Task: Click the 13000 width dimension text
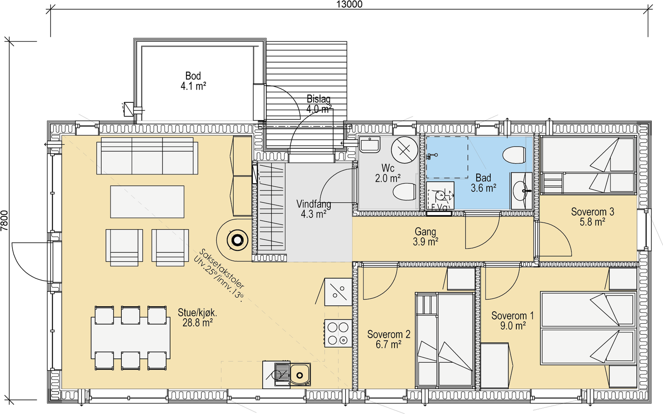tap(349, 4)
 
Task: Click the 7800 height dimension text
tap(5, 221)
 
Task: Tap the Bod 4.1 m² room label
tap(193, 81)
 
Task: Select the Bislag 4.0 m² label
tap(319, 104)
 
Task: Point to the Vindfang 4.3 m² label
tap(314, 209)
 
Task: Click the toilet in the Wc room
tap(404, 191)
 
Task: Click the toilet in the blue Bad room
tap(514, 155)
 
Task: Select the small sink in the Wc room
tap(370, 145)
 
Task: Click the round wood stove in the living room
tap(237, 241)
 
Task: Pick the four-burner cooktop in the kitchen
tap(338, 333)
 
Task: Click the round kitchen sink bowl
tap(300, 375)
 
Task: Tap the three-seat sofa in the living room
tap(147, 156)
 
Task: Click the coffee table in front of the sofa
tap(147, 202)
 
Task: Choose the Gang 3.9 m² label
tap(425, 237)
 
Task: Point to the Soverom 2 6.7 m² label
tap(389, 339)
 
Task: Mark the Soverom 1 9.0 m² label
tap(513, 320)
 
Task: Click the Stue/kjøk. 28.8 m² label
tap(197, 317)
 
